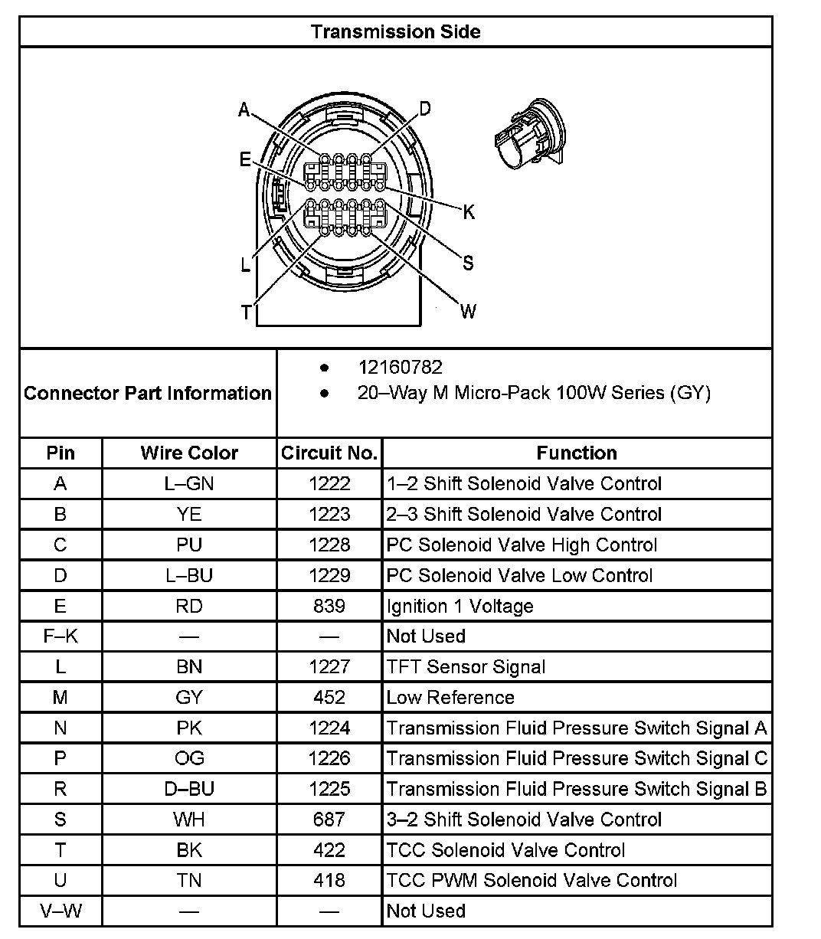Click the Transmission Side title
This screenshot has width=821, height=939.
(x=395, y=31)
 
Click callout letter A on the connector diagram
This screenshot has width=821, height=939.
(x=244, y=110)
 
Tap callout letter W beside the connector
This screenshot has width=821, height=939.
(x=468, y=310)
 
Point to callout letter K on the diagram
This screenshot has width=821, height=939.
(x=469, y=211)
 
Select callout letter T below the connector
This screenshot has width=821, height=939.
(x=246, y=312)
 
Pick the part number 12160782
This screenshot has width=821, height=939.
(x=400, y=368)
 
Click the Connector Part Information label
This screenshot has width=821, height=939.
(x=148, y=393)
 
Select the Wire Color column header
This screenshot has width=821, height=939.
(x=189, y=453)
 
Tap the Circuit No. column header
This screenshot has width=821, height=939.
(x=329, y=453)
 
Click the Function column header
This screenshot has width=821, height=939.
(x=577, y=453)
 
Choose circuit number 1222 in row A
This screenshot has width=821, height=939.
(x=329, y=483)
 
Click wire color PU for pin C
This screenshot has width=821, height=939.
(x=189, y=545)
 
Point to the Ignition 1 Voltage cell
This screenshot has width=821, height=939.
(x=460, y=606)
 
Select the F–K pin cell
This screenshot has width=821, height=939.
(x=61, y=636)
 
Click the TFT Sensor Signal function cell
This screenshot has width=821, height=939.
(x=466, y=666)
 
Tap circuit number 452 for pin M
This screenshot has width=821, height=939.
(x=329, y=697)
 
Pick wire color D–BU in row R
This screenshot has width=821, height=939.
(x=189, y=789)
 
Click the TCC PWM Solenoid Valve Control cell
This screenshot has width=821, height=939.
(x=532, y=880)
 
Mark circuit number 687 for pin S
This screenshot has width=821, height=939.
(x=329, y=820)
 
